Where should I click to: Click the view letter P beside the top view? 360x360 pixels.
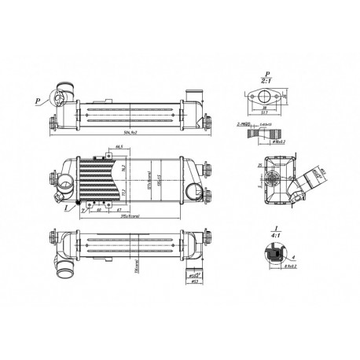[38, 101]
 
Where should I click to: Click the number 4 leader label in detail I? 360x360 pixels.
[292, 256]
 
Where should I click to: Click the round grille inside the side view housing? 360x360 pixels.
[272, 177]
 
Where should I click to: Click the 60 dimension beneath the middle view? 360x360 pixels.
[97, 211]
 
